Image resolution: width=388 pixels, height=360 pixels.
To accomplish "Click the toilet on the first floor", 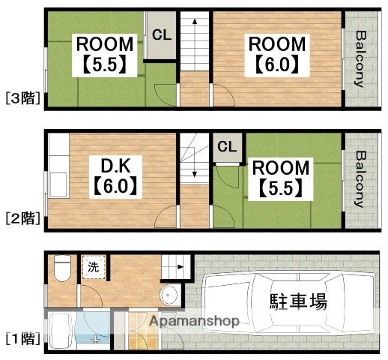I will click(62, 266).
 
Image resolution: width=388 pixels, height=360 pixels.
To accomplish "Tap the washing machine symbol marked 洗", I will click(93, 266).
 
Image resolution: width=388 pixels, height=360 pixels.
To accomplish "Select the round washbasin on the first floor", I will click(169, 293).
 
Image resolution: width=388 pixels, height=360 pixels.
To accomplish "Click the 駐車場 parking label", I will click(297, 302).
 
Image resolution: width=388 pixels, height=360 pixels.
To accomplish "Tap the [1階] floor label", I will click(22, 338).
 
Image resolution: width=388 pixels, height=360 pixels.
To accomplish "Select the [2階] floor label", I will click(22, 218).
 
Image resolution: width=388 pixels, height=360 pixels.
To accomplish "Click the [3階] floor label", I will click(22, 97).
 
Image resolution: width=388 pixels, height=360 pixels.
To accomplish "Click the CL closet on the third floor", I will click(161, 34).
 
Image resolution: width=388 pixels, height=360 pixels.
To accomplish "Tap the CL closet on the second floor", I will click(227, 145).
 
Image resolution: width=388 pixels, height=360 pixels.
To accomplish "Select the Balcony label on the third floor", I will click(360, 58).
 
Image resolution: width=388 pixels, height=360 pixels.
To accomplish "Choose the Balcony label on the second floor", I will click(360, 179).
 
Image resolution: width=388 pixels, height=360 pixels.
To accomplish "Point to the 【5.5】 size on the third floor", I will click(104, 64).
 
